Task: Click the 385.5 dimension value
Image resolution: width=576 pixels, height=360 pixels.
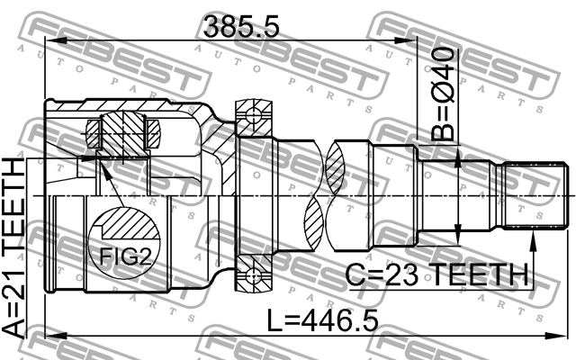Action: click(242, 26)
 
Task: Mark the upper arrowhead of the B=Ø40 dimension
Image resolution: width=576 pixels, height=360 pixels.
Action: click(459, 158)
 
